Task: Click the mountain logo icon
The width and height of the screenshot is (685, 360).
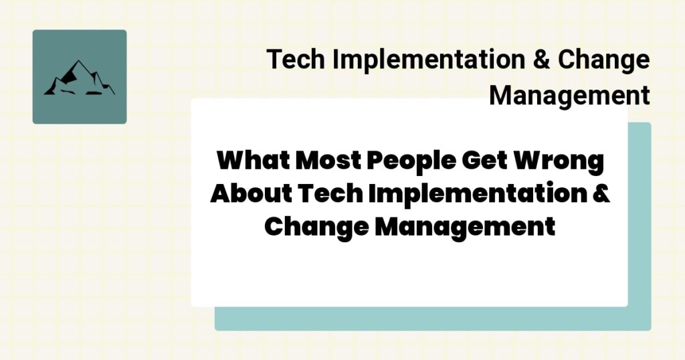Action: [x=79, y=77]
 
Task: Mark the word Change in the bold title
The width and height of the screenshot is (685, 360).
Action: [x=314, y=226]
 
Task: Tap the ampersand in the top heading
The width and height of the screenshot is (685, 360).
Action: [x=540, y=60]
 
